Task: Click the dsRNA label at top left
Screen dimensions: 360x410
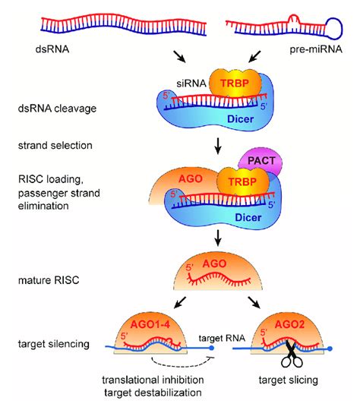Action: click(x=52, y=49)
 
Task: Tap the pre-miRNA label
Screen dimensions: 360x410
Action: click(x=316, y=49)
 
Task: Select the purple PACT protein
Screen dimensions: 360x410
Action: click(x=261, y=160)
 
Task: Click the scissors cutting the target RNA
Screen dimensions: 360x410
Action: click(x=291, y=354)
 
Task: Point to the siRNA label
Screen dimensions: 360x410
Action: click(x=191, y=84)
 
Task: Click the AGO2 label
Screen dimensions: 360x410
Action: click(x=289, y=324)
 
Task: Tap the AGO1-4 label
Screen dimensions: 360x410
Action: click(x=150, y=324)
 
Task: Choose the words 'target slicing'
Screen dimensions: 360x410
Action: click(x=289, y=380)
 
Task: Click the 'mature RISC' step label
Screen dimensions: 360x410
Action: click(x=49, y=280)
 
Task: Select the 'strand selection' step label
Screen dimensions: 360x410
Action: click(x=55, y=145)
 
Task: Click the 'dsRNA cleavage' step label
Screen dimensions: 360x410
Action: click(x=57, y=109)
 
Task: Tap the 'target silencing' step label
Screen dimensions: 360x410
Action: click(x=54, y=344)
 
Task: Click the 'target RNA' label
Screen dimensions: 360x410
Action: click(x=222, y=338)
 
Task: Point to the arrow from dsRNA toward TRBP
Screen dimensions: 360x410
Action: click(x=179, y=57)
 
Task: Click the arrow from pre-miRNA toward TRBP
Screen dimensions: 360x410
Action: click(x=254, y=57)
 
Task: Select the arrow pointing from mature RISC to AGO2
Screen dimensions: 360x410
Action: click(x=254, y=302)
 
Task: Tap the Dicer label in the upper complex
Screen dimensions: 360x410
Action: click(x=241, y=119)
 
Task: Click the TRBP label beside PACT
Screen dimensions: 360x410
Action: click(x=242, y=181)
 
